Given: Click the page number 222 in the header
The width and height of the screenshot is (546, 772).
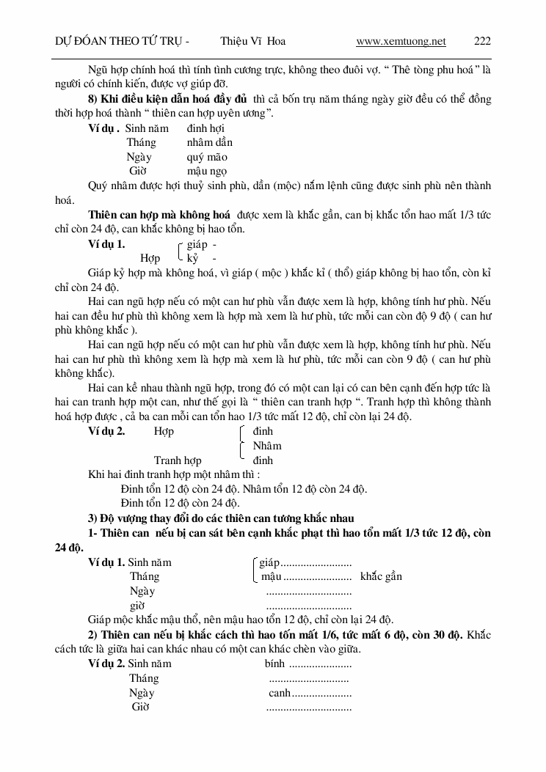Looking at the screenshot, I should click(482, 42).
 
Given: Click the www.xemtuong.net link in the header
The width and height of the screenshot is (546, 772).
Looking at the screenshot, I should click(401, 42).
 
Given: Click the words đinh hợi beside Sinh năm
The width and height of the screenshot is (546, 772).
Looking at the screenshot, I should click(205, 128).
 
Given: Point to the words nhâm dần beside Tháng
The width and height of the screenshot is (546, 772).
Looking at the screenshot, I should click(210, 142).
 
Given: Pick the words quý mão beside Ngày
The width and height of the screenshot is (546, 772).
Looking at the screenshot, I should click(207, 157).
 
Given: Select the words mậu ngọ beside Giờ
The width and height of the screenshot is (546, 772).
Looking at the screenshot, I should click(207, 171).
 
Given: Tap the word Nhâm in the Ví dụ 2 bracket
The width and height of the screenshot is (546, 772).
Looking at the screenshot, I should click(267, 446).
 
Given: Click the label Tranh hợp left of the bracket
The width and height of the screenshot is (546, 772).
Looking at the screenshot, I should click(178, 460).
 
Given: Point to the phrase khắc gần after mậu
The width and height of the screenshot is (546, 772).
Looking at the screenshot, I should click(381, 577).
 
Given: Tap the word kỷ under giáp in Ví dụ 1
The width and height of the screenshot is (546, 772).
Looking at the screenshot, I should click(192, 258).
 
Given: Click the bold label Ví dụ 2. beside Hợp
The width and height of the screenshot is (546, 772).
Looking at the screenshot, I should click(106, 431).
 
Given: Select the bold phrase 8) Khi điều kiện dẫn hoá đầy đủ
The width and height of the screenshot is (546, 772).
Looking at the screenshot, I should click(168, 99).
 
